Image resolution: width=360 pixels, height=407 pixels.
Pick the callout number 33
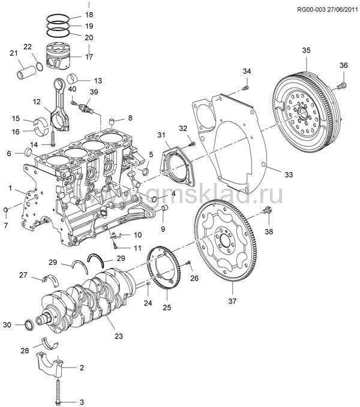tap(289, 174)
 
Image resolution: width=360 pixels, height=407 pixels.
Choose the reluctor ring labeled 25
tap(165, 273)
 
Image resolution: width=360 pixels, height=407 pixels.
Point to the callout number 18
tap(89, 14)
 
